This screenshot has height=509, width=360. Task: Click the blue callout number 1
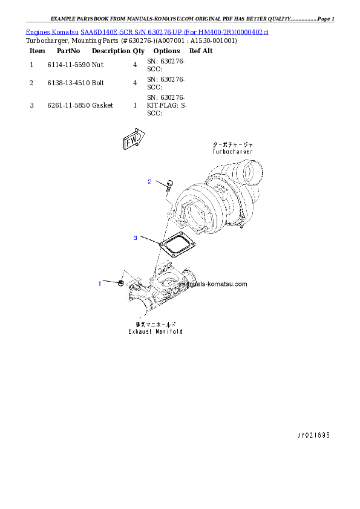[x=100, y=283]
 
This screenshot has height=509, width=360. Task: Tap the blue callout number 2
[x=149, y=181]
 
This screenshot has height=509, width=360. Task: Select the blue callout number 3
[x=136, y=238]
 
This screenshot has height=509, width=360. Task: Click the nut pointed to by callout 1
[x=122, y=283]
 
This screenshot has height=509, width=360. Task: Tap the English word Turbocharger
[x=232, y=152]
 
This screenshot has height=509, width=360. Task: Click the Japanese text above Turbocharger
[x=232, y=145]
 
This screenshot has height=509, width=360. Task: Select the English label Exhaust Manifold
[x=155, y=331]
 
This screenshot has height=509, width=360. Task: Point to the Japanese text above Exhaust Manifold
[x=155, y=325]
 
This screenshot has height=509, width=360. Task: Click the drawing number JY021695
[x=313, y=435]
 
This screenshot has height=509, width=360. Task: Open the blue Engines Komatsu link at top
[x=147, y=31]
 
